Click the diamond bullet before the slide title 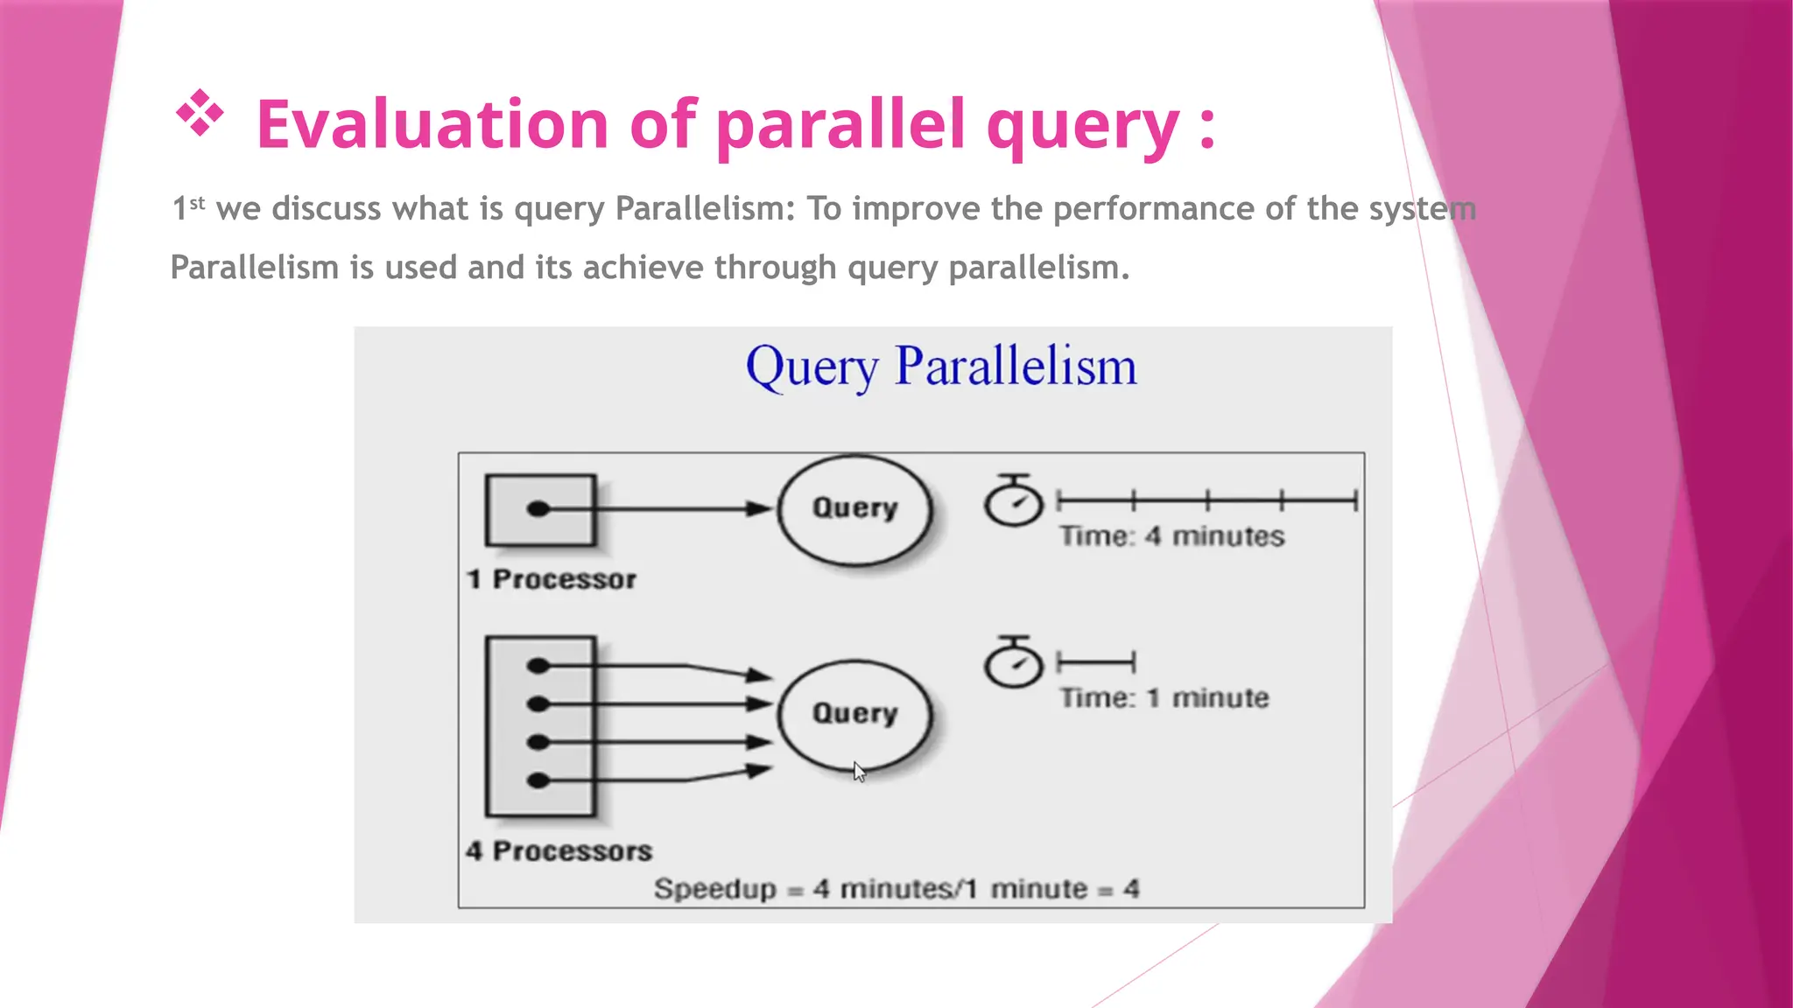coord(200,113)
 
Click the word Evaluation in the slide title coord(432,124)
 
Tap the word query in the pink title coord(1082,124)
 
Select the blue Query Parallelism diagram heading coord(941,366)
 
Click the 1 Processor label coord(552,579)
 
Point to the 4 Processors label coord(559,850)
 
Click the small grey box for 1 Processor coord(541,509)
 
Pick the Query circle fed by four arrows coord(854,713)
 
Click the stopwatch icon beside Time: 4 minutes coord(1014,501)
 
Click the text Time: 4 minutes coord(1171,535)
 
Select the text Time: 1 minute coord(1164,697)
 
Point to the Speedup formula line coord(896,889)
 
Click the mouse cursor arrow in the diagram coord(859,772)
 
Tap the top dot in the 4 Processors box coord(538,667)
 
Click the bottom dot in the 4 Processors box coord(538,780)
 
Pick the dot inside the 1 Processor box coord(538,509)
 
